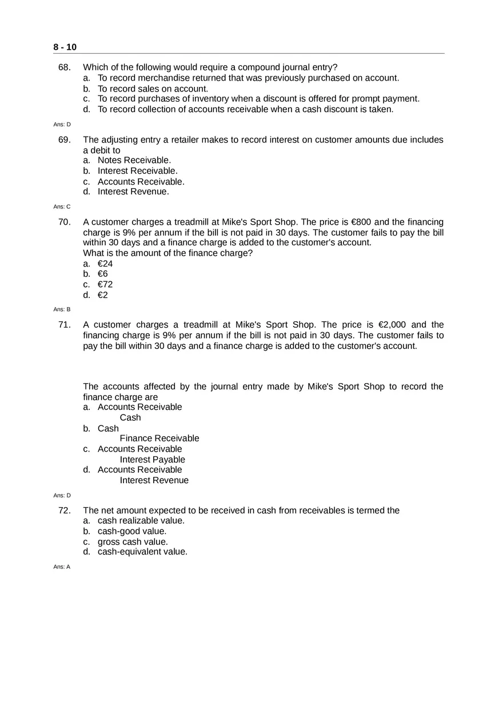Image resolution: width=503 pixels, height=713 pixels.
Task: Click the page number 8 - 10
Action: click(65, 47)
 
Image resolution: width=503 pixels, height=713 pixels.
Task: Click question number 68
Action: click(64, 67)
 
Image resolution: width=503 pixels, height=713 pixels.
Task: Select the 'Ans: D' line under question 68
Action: click(62, 124)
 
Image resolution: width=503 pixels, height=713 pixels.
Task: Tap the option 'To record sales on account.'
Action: click(153, 89)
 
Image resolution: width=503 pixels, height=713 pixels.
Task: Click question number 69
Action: click(64, 140)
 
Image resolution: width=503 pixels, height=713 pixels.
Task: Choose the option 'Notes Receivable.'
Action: click(134, 160)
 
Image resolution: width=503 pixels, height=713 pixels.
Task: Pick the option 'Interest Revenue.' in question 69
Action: click(133, 192)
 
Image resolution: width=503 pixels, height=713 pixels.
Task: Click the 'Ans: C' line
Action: click(62, 206)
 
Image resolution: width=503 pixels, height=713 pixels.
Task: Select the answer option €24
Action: click(105, 264)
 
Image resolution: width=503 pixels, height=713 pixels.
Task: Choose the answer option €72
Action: click(105, 284)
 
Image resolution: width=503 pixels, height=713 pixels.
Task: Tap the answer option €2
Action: click(103, 295)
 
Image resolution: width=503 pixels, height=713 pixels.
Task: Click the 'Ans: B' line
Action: click(62, 309)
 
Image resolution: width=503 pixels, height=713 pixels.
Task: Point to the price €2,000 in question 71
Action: click(392, 325)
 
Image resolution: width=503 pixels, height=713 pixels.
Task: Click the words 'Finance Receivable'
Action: click(159, 439)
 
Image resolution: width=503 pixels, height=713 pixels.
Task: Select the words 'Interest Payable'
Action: click(152, 460)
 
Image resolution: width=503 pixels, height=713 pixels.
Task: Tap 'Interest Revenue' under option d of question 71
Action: click(154, 480)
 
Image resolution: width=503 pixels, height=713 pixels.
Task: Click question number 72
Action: click(64, 511)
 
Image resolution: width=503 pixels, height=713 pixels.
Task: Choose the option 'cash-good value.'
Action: click(132, 531)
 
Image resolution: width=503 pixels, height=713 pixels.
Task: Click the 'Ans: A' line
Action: click(62, 567)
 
